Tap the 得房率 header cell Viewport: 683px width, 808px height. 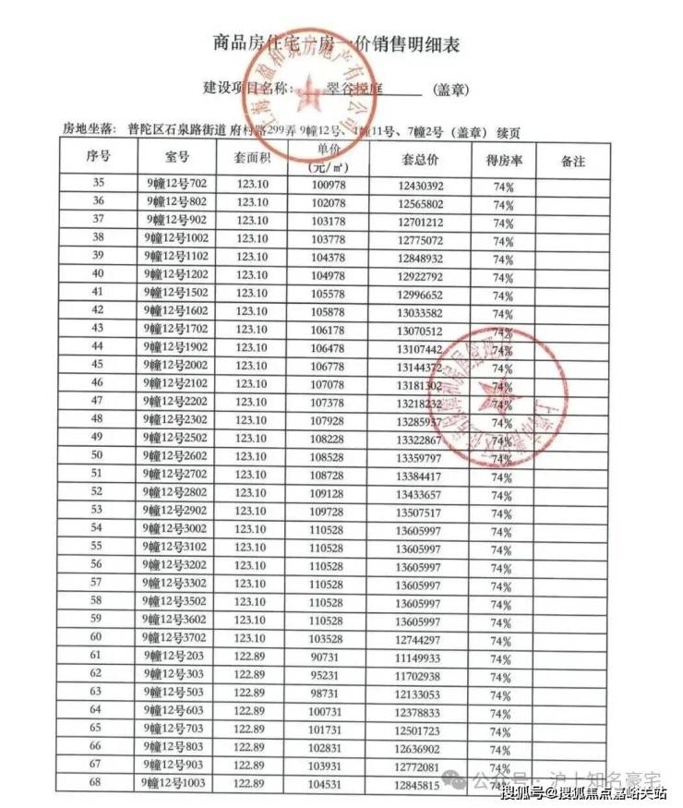[x=504, y=159]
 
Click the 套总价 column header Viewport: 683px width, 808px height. [x=419, y=159]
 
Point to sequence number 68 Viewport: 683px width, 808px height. [x=96, y=783]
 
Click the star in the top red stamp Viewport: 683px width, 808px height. [x=311, y=92]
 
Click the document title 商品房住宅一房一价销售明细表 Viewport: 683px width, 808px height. [x=336, y=43]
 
